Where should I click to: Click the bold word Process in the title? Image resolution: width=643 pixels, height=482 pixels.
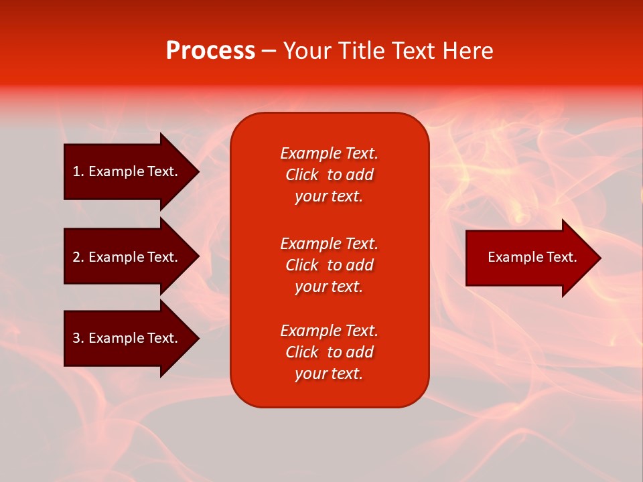(210, 51)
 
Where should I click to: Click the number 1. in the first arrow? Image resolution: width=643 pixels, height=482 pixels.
(78, 171)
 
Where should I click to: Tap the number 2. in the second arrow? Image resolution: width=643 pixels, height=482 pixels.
(78, 257)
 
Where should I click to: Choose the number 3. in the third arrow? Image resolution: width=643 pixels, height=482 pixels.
(78, 338)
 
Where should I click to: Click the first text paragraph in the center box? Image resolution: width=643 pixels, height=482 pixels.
(329, 175)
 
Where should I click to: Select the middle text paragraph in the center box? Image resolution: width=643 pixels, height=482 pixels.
(329, 265)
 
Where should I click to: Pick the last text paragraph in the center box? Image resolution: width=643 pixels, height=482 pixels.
(329, 352)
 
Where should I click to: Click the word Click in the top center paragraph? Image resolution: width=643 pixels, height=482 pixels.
(301, 175)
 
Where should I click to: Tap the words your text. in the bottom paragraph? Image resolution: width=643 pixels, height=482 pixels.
(329, 374)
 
